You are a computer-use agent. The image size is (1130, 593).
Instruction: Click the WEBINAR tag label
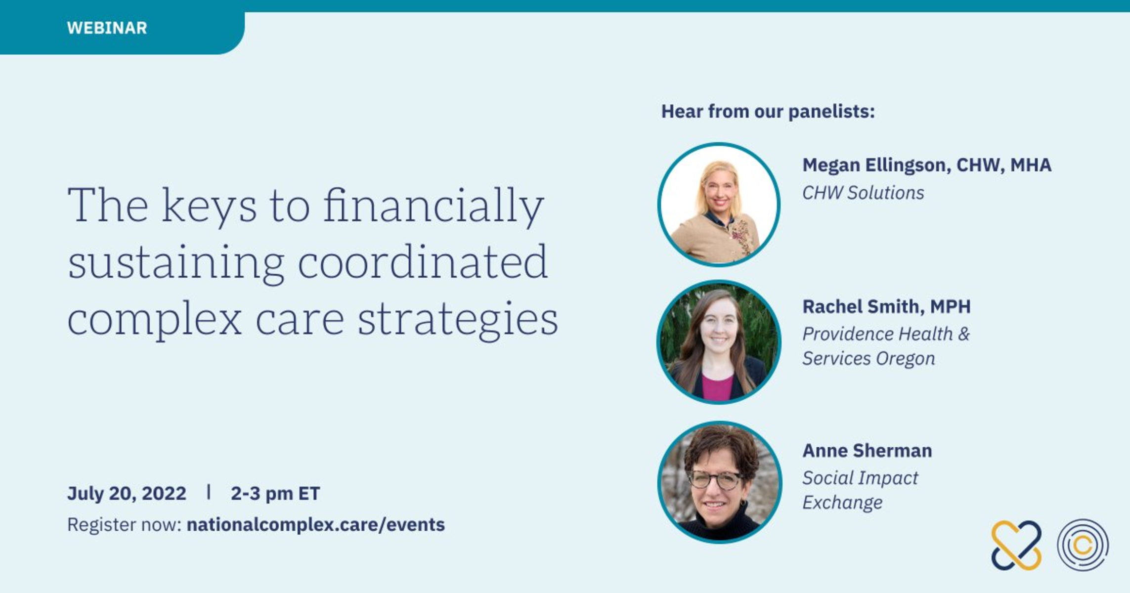(107, 28)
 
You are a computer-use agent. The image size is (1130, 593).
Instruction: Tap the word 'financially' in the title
(434, 206)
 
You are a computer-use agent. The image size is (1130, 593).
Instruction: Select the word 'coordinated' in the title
(423, 262)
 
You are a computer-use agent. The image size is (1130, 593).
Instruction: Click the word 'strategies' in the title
(458, 320)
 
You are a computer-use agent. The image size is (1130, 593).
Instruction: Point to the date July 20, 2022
(127, 493)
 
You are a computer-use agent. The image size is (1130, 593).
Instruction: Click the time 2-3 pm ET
(275, 493)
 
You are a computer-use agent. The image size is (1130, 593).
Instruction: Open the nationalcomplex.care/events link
(315, 524)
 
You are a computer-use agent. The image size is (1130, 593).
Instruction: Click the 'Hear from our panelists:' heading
(768, 112)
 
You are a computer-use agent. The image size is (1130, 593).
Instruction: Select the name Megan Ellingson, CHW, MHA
(926, 165)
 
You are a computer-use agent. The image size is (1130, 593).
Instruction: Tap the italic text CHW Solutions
(863, 193)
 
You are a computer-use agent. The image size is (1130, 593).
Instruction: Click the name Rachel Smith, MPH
(886, 306)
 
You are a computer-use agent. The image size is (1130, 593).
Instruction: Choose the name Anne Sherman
(867, 451)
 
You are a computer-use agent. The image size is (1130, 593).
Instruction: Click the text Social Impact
(860, 478)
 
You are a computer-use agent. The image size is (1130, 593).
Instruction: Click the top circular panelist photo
(719, 205)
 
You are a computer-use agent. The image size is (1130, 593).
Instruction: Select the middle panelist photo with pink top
(719, 342)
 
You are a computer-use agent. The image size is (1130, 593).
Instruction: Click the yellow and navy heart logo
(1016, 545)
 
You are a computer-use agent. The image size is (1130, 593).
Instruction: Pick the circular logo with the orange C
(1083, 545)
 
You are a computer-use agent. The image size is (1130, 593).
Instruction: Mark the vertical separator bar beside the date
(209, 492)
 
